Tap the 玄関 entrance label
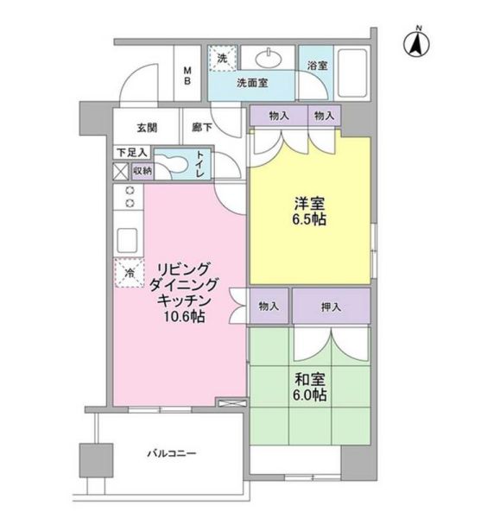tap(146, 127)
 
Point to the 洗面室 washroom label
tap(252, 84)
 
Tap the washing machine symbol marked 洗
tap(222, 59)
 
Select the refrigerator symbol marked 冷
tap(128, 272)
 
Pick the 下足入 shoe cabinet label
tap(132, 153)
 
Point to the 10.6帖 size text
tap(180, 317)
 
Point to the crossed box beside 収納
tap(121, 170)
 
